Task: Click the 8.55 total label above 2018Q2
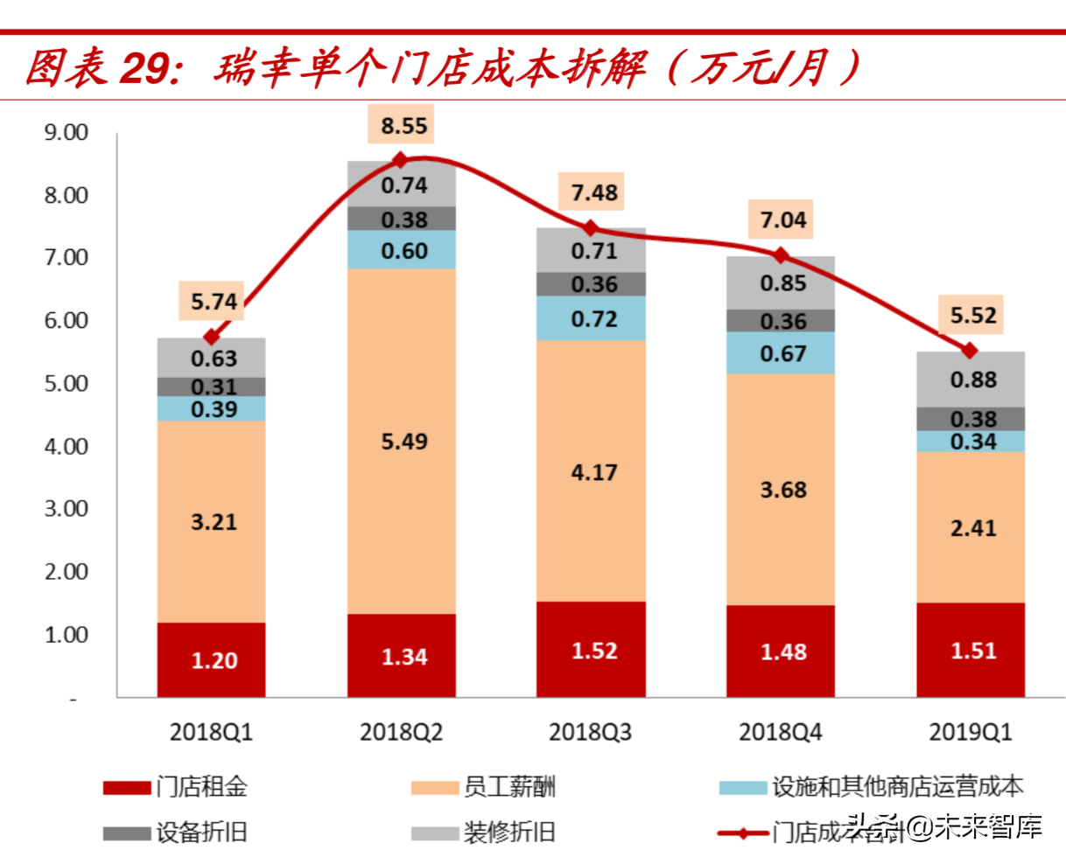[x=403, y=126]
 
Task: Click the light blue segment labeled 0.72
[x=593, y=319]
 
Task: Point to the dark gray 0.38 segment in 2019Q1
[x=971, y=419]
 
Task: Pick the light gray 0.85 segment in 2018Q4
[x=782, y=283]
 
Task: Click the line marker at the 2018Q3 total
[x=591, y=228]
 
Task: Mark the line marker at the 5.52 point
[x=969, y=351]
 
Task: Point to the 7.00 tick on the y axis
[x=67, y=257]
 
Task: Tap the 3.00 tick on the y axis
[x=67, y=508]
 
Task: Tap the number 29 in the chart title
[x=144, y=68]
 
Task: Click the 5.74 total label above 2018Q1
[x=214, y=303]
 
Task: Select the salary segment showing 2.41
[x=971, y=528]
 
